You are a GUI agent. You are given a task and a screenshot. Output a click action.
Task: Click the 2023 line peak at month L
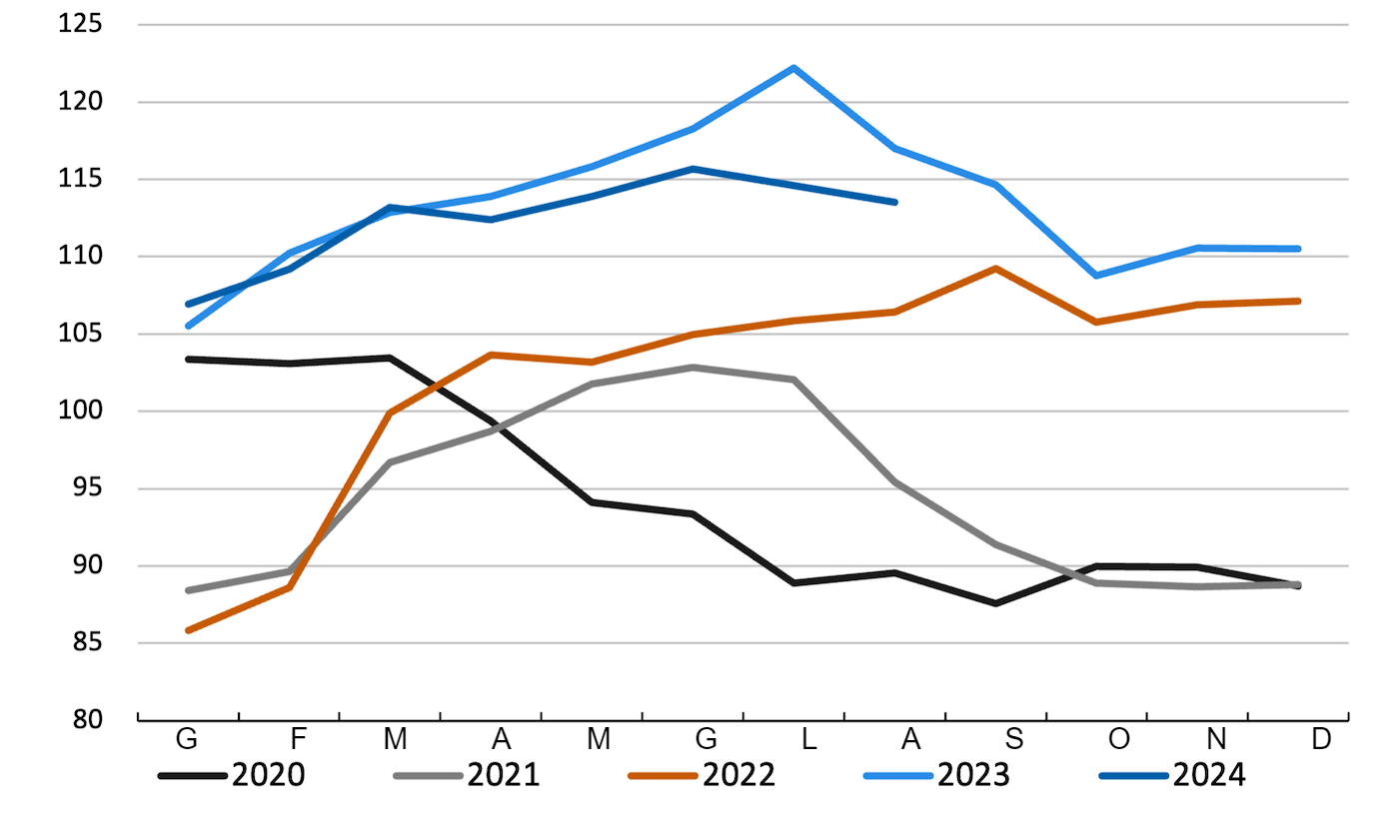tap(793, 68)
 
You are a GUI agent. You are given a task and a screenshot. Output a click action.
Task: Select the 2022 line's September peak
tap(995, 268)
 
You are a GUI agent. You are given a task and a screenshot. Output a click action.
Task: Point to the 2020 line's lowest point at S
tap(995, 603)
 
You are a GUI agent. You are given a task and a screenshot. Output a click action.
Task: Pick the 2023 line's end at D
tap(1298, 249)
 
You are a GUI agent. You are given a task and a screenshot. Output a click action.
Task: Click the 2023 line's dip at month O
tap(1096, 275)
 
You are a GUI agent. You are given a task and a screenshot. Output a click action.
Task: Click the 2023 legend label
tap(973, 774)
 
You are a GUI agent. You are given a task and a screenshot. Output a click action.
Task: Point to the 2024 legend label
tap(1209, 774)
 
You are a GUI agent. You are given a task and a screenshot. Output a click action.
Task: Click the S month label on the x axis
tap(1014, 740)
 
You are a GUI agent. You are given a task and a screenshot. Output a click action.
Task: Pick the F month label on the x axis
tap(297, 740)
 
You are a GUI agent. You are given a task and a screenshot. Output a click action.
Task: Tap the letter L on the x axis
tap(809, 740)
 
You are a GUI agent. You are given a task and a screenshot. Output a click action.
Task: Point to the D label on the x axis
tap(1321, 740)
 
